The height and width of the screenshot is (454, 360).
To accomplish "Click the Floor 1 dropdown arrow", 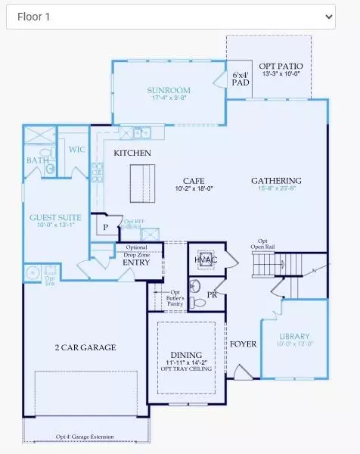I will pyautogui.click(x=327, y=16).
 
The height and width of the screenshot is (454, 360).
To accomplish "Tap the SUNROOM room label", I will pyautogui.click(x=169, y=90).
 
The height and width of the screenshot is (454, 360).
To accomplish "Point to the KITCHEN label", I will pyautogui.click(x=132, y=154).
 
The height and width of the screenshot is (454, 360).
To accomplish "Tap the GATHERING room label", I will pyautogui.click(x=276, y=181).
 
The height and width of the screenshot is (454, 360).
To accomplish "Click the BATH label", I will pyautogui.click(x=37, y=160).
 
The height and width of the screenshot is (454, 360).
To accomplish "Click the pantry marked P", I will pyautogui.click(x=104, y=226).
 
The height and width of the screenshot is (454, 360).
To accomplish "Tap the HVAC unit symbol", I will pyautogui.click(x=206, y=259).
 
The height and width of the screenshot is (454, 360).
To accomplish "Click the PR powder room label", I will pyautogui.click(x=212, y=294).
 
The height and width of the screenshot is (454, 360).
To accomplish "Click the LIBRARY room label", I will pyautogui.click(x=295, y=336).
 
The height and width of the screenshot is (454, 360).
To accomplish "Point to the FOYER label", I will pyautogui.click(x=244, y=344).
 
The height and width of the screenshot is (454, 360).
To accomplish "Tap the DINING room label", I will pyautogui.click(x=186, y=355).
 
